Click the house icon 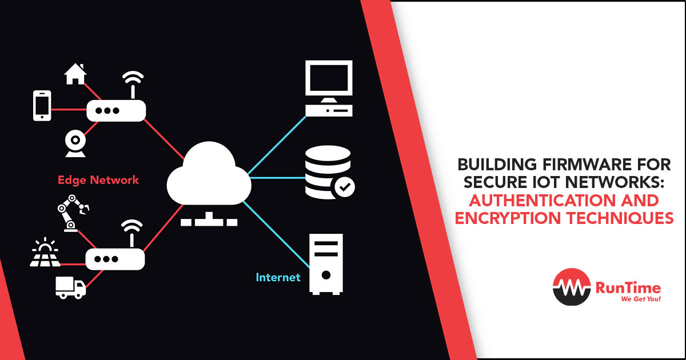(75, 74)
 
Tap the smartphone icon (42, 106)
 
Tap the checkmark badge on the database (345, 186)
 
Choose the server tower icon (326, 263)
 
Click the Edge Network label (98, 180)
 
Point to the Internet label (278, 278)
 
